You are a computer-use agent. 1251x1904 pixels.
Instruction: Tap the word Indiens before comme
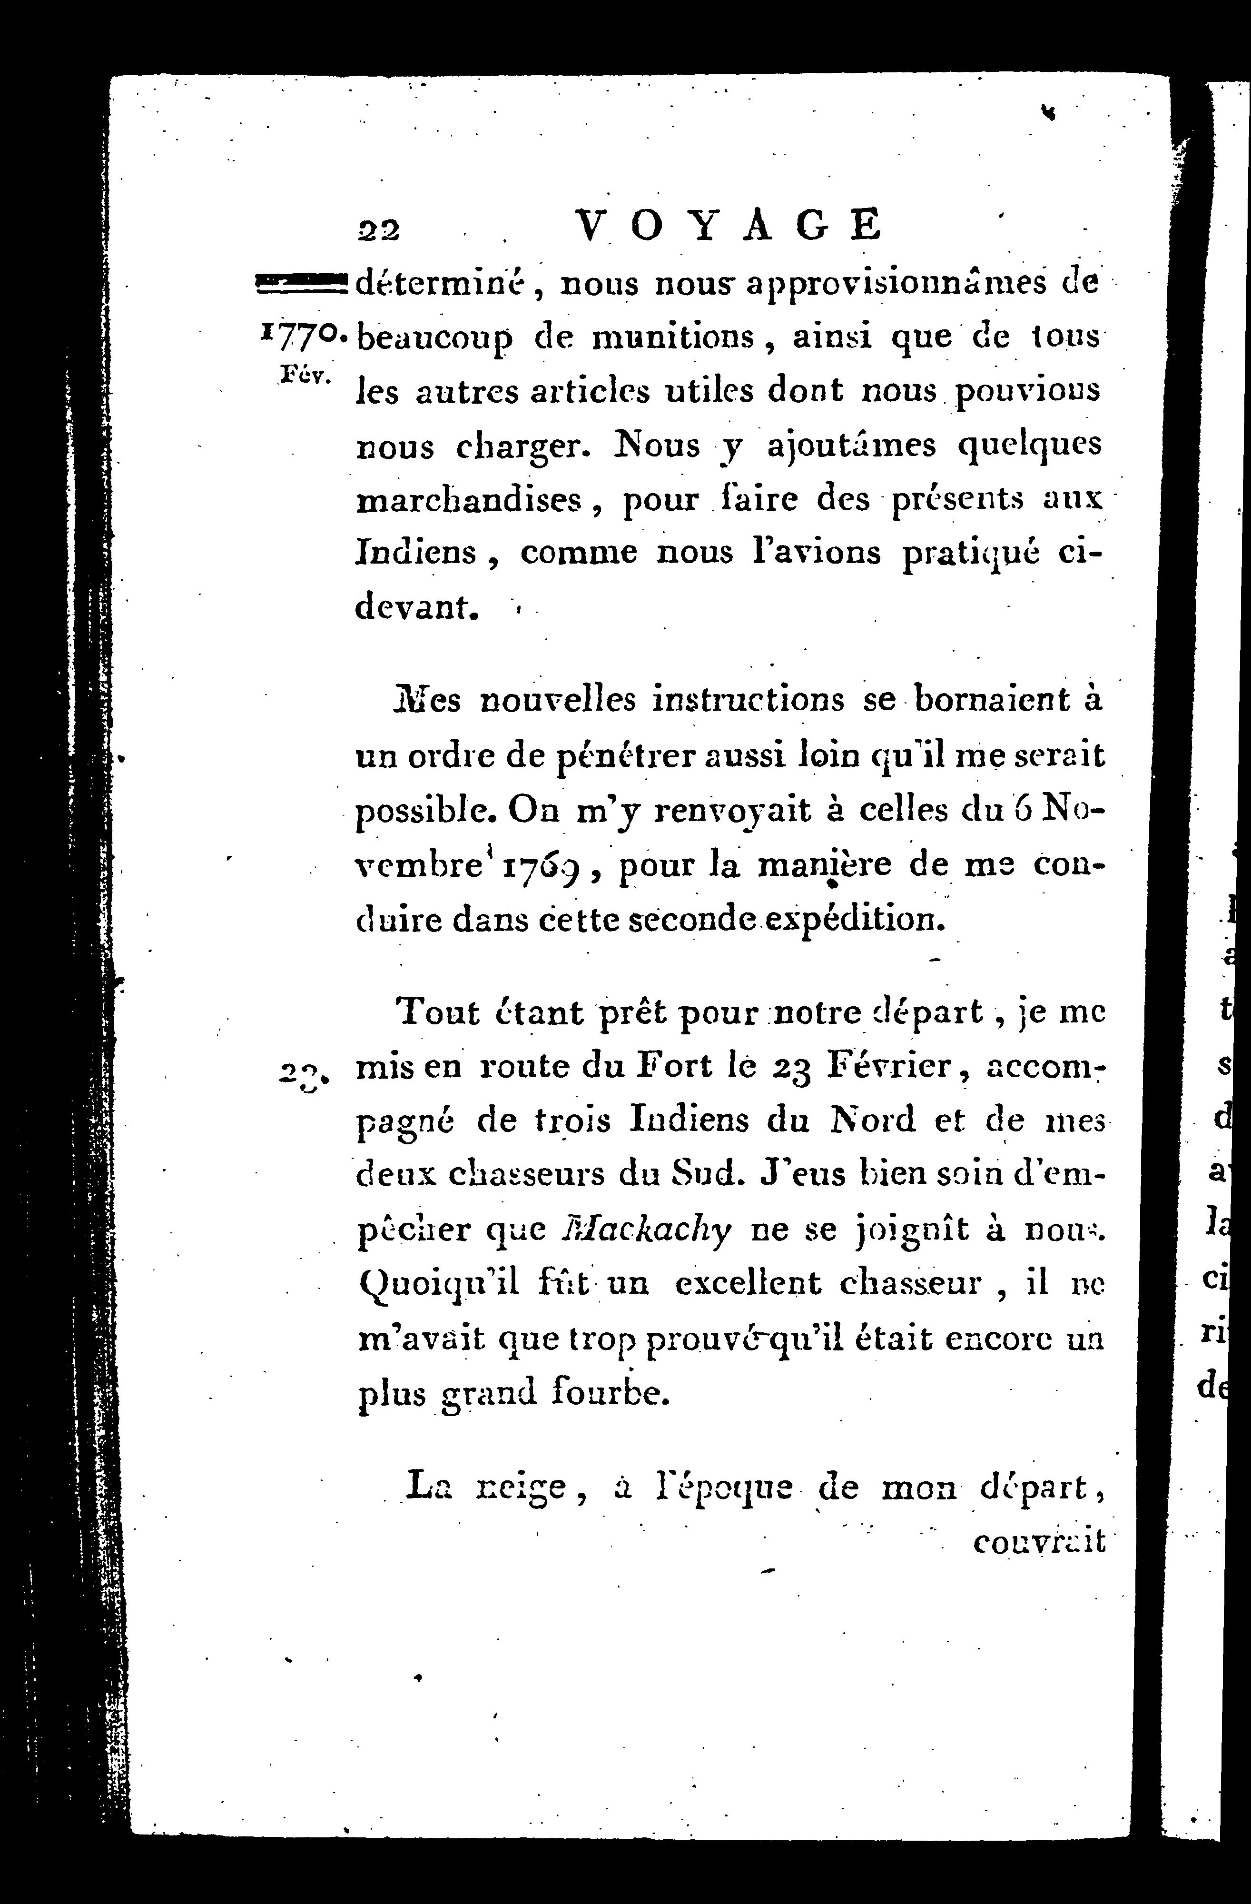coord(416,553)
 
